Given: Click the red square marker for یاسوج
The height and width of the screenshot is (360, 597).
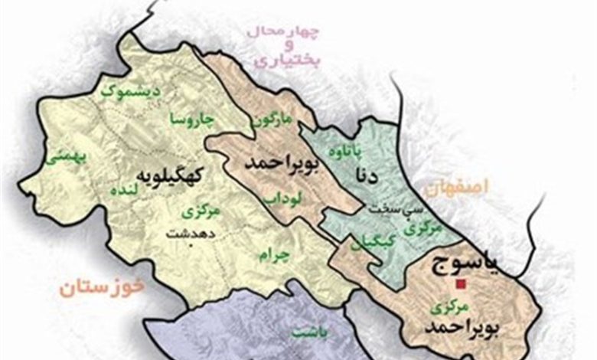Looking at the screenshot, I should [459, 285].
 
